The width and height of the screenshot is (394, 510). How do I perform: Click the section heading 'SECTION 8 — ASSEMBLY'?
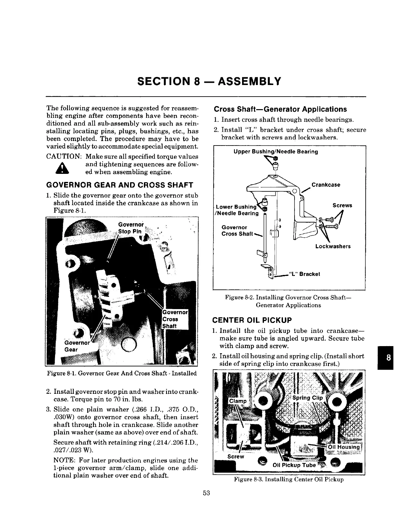point(209,81)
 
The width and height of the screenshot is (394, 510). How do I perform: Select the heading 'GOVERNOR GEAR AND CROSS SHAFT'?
point(120,185)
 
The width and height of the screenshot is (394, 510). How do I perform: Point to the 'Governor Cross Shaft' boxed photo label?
point(174,319)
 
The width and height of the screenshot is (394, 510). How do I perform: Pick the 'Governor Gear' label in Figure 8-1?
point(76,346)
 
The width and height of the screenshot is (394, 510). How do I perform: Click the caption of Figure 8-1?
point(122,373)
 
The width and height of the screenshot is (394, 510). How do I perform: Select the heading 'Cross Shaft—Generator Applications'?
point(280,109)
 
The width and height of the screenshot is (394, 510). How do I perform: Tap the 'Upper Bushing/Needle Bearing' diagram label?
point(276,152)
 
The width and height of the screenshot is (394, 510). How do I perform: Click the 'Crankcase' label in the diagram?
point(326,185)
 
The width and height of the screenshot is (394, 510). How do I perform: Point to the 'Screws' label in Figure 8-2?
point(342,205)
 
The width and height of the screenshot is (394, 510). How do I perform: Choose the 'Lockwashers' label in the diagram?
point(333,246)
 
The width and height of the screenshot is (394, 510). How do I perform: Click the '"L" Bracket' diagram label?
point(305,274)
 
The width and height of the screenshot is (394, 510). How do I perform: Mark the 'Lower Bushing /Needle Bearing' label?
point(237,210)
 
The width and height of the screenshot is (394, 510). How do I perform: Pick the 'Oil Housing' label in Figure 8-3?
point(343,447)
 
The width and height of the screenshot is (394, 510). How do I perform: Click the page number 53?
point(206,493)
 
